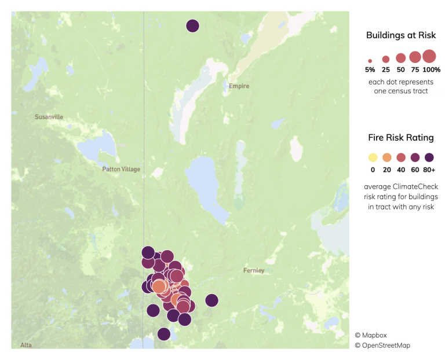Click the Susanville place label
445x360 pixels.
[x=49, y=117]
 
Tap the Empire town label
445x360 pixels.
[x=239, y=86]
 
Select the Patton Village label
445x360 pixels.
[x=121, y=169]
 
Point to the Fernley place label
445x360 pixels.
[x=254, y=270]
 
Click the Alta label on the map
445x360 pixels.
[x=26, y=345]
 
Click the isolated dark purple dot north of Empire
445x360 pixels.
[x=192, y=25]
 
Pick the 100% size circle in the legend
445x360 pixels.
[x=429, y=56]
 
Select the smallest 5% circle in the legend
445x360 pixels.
[x=370, y=60]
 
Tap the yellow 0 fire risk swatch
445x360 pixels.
[x=373, y=157]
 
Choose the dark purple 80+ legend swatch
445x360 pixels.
[x=429, y=157]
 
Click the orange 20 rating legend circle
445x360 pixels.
[x=387, y=157]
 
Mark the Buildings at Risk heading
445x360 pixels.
[x=401, y=36]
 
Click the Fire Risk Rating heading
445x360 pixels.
[x=401, y=138]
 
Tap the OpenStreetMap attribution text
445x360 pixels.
[x=383, y=346]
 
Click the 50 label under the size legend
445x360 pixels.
[x=400, y=69]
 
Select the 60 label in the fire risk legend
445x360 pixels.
[x=415, y=170]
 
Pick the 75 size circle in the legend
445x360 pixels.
[x=415, y=57]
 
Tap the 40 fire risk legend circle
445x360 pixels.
[x=401, y=157]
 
